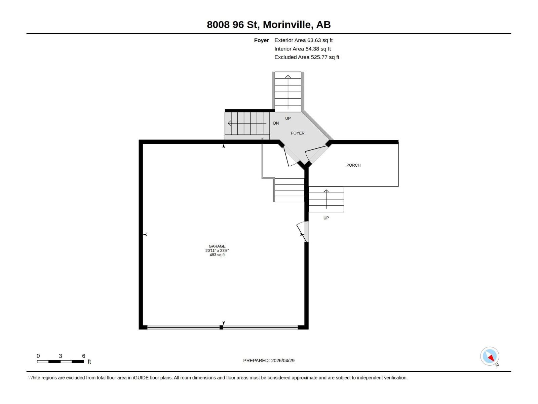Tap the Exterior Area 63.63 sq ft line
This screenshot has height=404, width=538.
(x=303, y=40)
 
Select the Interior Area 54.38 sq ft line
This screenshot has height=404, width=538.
(x=302, y=49)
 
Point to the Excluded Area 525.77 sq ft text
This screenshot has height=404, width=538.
(x=307, y=57)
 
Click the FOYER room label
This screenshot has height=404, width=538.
(x=298, y=133)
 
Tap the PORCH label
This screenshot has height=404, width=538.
(x=353, y=165)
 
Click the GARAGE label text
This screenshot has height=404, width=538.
(x=217, y=246)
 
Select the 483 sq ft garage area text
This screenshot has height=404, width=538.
(x=217, y=255)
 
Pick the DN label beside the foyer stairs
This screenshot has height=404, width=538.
(x=276, y=123)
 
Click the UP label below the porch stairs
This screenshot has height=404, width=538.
(x=326, y=218)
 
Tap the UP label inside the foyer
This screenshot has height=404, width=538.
(x=288, y=119)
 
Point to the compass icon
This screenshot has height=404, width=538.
(x=490, y=356)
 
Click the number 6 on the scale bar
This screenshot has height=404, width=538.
(x=83, y=356)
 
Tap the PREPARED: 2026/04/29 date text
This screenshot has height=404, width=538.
(x=269, y=361)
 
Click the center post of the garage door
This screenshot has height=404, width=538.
(x=221, y=327)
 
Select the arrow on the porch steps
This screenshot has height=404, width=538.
(x=326, y=199)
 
